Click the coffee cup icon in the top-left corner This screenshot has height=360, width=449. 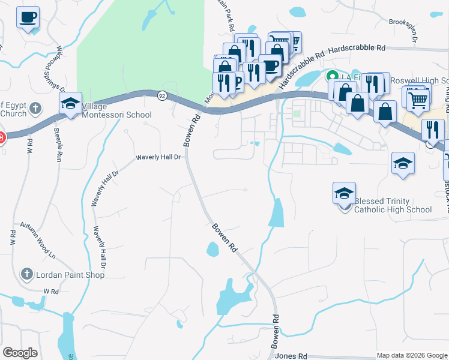pyautogui.click(x=27, y=17)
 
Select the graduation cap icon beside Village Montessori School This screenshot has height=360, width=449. pyautogui.click(x=70, y=104)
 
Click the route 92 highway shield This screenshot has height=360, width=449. pyautogui.click(x=162, y=95)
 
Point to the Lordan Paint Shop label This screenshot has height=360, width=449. pyautogui.click(x=70, y=275)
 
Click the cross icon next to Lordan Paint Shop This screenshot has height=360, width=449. pyautogui.click(x=26, y=274)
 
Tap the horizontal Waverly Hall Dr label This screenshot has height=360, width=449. pyautogui.click(x=158, y=157)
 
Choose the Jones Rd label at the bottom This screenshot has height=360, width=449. pyautogui.click(x=291, y=356)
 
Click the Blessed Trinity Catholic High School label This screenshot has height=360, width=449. pyautogui.click(x=393, y=205)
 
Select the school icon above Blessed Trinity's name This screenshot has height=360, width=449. pyautogui.click(x=344, y=193)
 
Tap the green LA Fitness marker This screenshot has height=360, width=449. pyautogui.click(x=331, y=77)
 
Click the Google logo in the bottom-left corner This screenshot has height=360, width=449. pyautogui.click(x=20, y=353)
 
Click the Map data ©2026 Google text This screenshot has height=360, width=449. pyautogui.click(x=412, y=355)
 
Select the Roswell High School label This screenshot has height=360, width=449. pyautogui.click(x=419, y=80)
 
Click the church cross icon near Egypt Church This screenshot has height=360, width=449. pyautogui.click(x=35, y=109)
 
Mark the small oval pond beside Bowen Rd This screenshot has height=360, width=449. pyautogui.click(x=212, y=248)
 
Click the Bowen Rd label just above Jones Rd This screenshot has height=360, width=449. pyautogui.click(x=276, y=333)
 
